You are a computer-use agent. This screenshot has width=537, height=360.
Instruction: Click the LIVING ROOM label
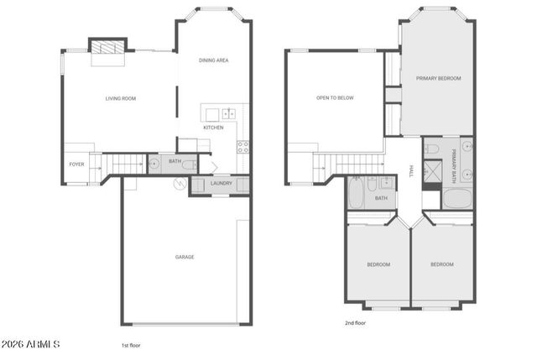pos(121,98)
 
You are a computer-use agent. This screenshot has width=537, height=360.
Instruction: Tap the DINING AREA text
pos(213,60)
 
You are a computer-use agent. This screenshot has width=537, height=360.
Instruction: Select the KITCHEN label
pos(213,128)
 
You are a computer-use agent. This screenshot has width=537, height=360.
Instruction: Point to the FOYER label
pos(76,164)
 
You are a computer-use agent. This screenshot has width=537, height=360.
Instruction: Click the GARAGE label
pos(185,257)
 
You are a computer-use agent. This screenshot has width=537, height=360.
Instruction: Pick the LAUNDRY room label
pos(222,183)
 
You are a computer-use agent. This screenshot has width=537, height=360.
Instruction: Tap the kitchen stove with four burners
pos(243,146)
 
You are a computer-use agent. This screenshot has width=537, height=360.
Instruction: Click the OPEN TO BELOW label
pos(335,98)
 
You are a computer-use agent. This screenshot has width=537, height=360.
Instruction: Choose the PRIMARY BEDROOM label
pos(439,78)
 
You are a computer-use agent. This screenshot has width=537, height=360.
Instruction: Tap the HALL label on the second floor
pos(411,170)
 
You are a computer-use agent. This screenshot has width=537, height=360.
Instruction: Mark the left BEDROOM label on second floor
pos(378,264)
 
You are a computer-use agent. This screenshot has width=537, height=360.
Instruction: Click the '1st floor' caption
pos(131,345)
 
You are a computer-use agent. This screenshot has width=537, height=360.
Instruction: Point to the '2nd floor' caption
pos(356,322)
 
